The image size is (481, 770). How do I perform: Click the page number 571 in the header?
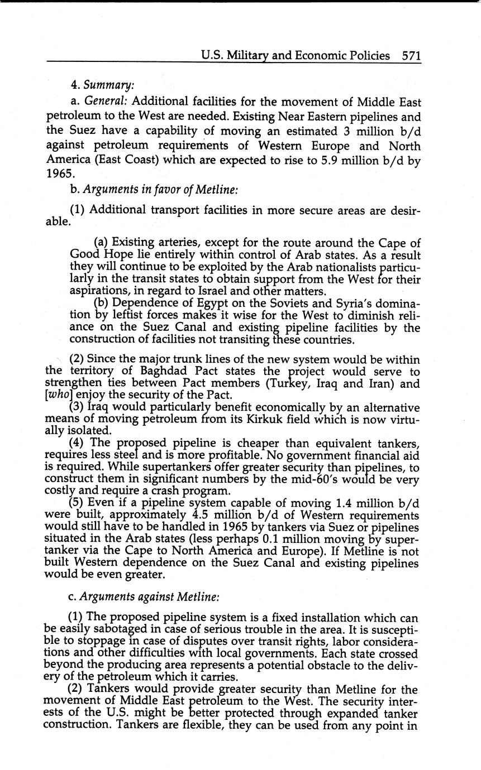pos(411,55)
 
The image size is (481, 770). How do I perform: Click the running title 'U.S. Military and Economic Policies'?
pos(296,55)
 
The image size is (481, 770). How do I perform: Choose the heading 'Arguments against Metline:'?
pos(150,596)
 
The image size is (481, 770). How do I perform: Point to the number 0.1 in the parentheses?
pos(269,539)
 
